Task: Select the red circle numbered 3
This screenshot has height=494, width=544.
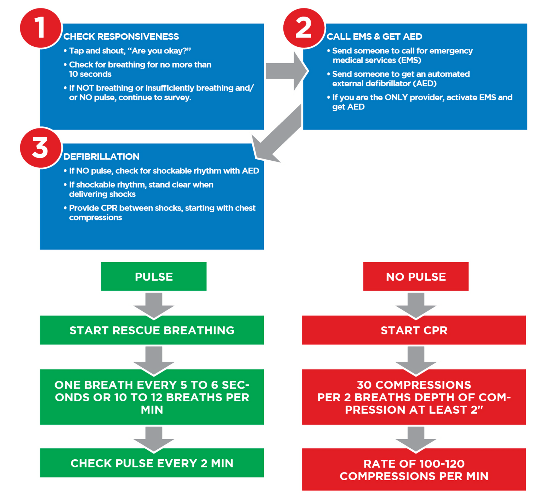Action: pos(40,148)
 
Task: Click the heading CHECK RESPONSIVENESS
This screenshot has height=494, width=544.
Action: pos(121,36)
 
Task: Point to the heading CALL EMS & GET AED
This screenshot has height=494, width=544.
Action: pos(374,36)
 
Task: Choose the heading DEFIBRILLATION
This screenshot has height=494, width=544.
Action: pos(101,156)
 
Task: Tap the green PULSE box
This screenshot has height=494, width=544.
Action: pos(154,276)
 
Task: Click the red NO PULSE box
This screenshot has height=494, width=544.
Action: pos(416,276)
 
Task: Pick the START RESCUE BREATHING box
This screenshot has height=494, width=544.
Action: pos(152,330)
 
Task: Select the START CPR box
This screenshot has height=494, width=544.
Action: pos(414,330)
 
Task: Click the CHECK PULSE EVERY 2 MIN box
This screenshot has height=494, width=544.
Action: pos(152,463)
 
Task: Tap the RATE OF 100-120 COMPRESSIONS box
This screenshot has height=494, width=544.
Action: pos(414,470)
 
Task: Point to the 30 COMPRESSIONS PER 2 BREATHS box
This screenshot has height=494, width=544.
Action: pos(414,397)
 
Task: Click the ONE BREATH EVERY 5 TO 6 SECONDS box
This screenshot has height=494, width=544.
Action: pos(152,397)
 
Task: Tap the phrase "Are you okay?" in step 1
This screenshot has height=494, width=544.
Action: pos(159,51)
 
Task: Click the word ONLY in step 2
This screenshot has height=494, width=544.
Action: pos(396,97)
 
